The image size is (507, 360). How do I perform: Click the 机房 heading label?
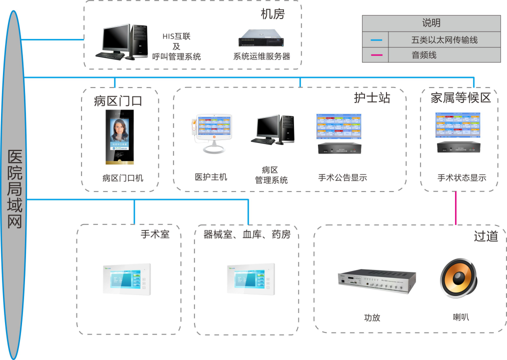272,14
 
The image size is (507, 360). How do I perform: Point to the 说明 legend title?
431,23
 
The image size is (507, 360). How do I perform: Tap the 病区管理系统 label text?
271,175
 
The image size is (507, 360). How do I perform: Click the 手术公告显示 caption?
342,177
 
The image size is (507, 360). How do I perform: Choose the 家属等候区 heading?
460,98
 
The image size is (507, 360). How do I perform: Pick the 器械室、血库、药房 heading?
246,234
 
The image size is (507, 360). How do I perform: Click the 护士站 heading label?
372,98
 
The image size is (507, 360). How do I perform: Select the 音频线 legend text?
424,55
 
